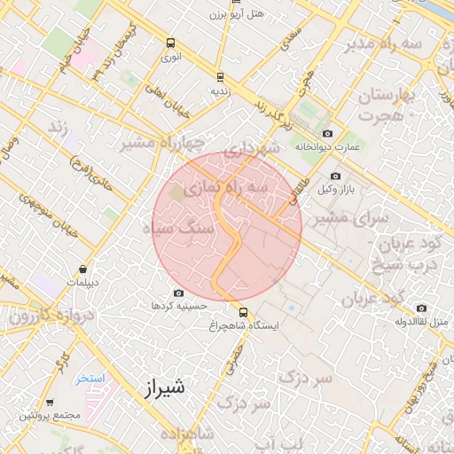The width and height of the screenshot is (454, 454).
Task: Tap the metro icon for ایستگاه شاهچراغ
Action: coord(243,311)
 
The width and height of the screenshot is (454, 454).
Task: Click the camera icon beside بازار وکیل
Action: coord(335,176)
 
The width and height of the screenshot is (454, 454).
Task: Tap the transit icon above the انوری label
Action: coord(170,43)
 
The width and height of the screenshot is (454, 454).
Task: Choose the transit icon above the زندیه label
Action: coord(220,77)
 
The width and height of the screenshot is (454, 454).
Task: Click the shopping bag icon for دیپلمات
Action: coord(82,270)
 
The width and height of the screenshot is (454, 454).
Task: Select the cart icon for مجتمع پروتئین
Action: coord(51,402)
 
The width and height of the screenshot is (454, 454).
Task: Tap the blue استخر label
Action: coord(90,378)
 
